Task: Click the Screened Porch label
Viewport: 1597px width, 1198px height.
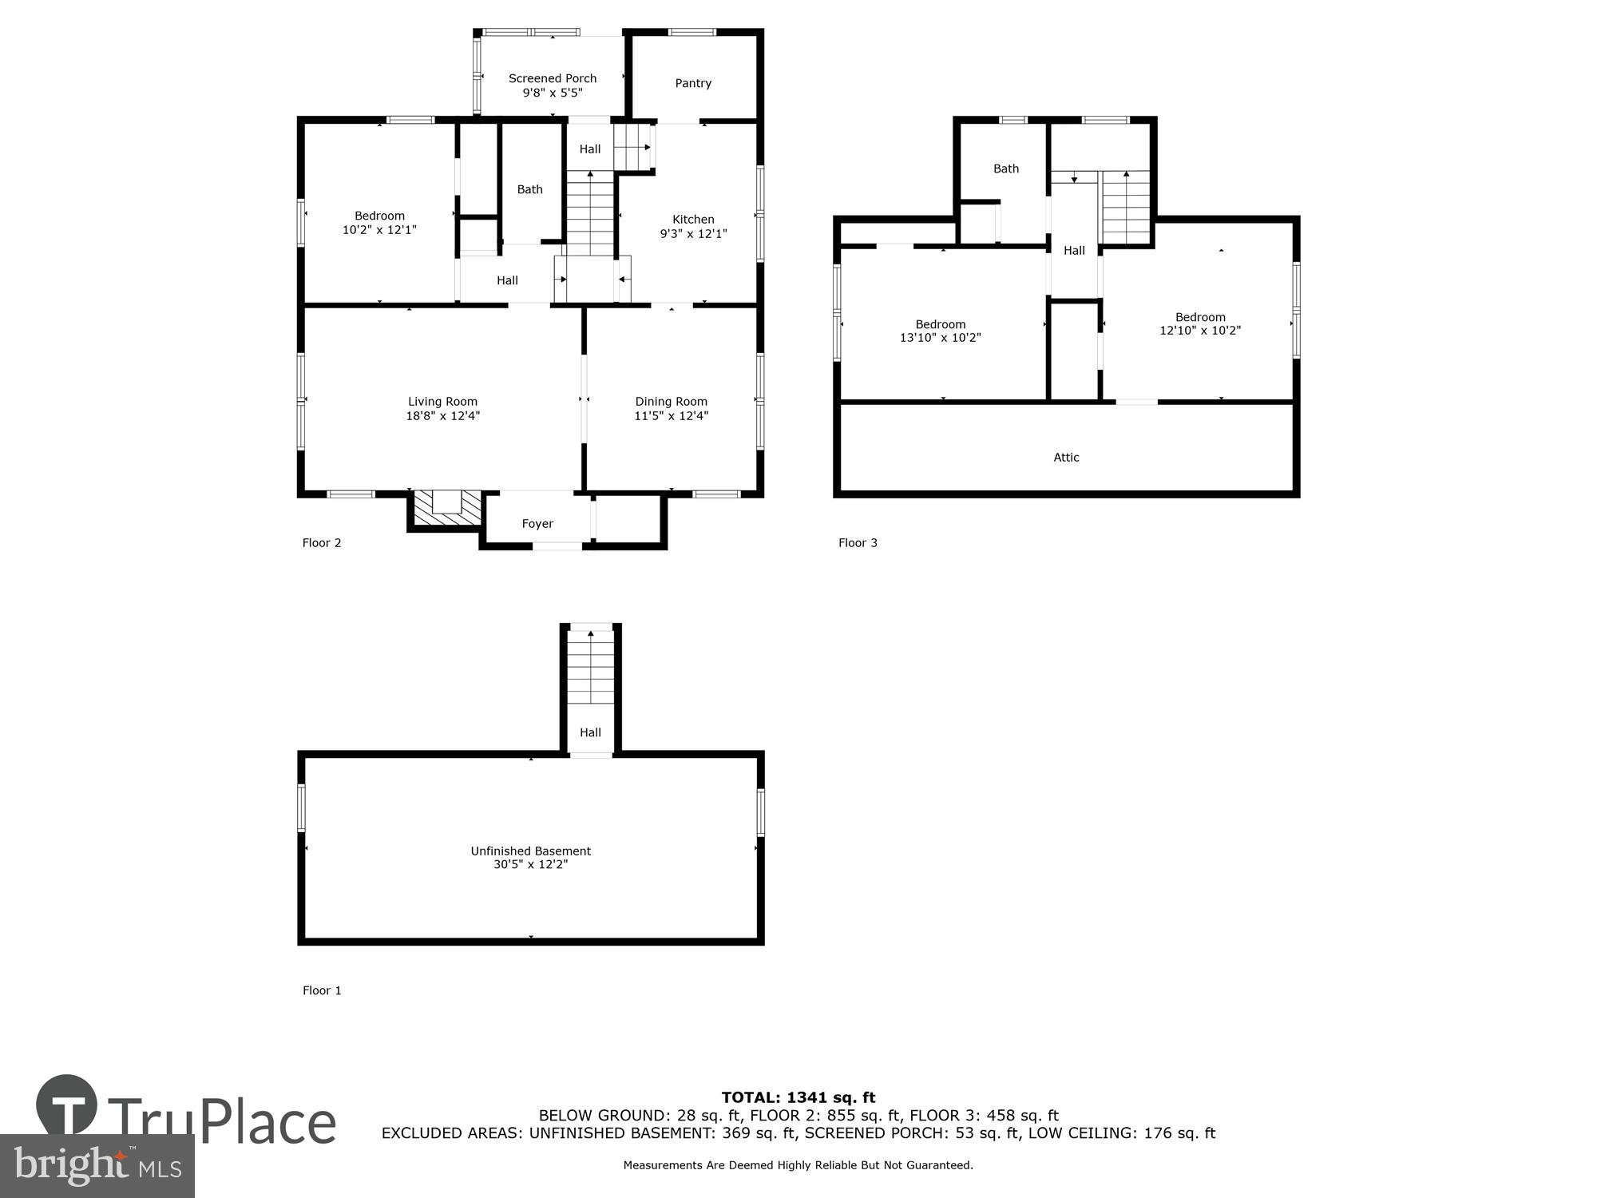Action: [x=553, y=78]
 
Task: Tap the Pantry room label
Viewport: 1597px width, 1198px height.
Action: [x=692, y=83]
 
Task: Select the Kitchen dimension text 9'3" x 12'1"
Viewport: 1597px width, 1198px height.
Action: [x=693, y=234]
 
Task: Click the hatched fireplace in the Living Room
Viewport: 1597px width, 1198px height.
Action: [x=447, y=509]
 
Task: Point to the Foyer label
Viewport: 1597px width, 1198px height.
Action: [x=537, y=524]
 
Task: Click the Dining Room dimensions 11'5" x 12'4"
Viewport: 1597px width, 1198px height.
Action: [x=671, y=416]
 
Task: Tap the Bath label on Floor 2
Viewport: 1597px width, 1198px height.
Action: [x=529, y=189]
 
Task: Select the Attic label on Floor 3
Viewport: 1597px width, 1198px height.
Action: [x=1066, y=458]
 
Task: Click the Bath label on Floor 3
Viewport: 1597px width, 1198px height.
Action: [x=1005, y=169]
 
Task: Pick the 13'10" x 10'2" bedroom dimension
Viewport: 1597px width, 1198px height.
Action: [x=940, y=338]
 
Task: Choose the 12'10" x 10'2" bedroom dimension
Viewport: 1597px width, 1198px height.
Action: [x=1199, y=331]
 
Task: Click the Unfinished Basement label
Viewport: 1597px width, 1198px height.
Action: [x=530, y=851]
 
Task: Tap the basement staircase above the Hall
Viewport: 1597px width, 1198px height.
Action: [x=590, y=668]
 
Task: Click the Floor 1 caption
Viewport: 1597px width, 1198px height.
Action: [x=322, y=990]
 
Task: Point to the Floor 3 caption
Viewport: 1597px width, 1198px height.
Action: [x=858, y=543]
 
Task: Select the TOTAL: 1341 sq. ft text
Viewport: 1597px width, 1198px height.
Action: [x=798, y=1097]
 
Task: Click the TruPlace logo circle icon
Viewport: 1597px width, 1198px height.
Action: [x=67, y=1105]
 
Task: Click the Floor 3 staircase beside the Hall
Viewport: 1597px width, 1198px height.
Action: [x=1126, y=208]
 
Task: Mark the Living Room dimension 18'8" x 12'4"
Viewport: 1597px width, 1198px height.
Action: [x=442, y=416]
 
